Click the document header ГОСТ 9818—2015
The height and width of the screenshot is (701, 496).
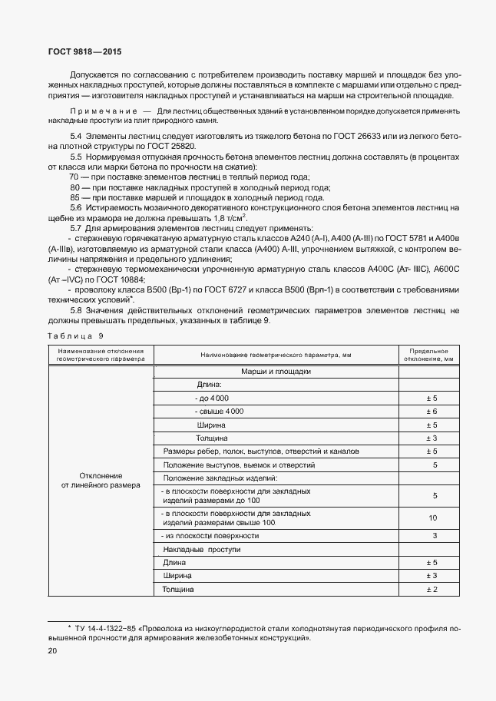tap(74, 50)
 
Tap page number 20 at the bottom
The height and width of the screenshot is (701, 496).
tap(52, 651)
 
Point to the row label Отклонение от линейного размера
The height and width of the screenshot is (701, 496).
tap(101, 480)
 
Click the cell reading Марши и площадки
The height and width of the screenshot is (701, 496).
tap(276, 370)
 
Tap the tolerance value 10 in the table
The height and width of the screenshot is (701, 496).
tap(435, 518)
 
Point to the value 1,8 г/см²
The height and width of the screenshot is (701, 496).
tap(233, 217)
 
